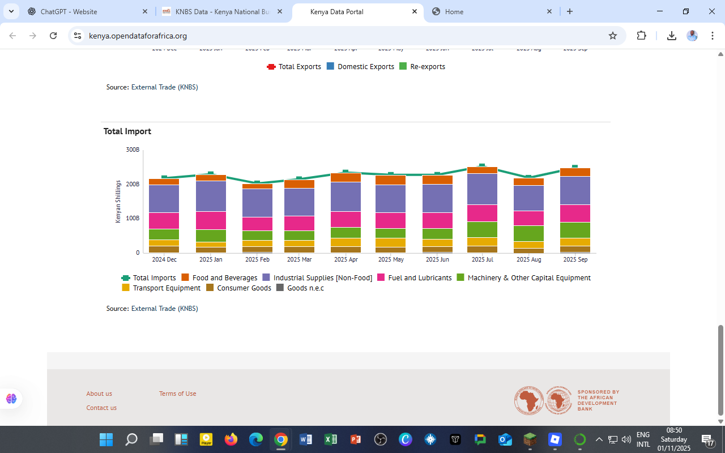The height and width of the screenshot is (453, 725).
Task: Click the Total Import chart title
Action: [127, 131]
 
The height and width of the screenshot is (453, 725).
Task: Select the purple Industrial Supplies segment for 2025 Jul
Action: [482, 189]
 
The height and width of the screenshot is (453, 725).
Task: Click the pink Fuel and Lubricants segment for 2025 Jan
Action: [211, 220]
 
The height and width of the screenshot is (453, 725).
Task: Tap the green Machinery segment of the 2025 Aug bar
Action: [528, 233]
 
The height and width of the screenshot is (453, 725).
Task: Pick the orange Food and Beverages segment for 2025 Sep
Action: [575, 172]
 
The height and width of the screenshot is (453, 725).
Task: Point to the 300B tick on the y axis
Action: [133, 149]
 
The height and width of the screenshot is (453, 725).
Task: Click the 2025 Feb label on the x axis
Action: [257, 259]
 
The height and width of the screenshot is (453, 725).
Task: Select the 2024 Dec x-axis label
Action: [164, 259]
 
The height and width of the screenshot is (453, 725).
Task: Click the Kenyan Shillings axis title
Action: [118, 202]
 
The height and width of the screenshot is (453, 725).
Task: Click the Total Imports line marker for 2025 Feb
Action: [257, 182]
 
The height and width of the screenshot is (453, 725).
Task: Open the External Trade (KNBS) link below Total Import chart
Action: [164, 309]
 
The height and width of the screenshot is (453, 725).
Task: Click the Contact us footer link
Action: [101, 408]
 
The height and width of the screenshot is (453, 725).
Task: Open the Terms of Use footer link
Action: [177, 394]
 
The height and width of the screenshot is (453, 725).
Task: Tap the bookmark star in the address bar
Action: [612, 36]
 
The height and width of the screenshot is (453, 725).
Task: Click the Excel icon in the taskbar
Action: [331, 439]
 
